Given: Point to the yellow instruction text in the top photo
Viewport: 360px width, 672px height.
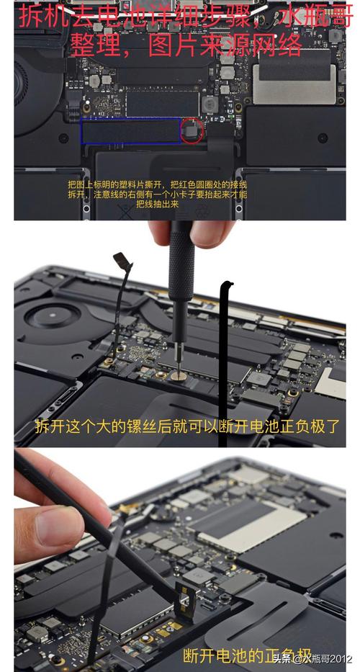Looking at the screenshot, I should [156, 194].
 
